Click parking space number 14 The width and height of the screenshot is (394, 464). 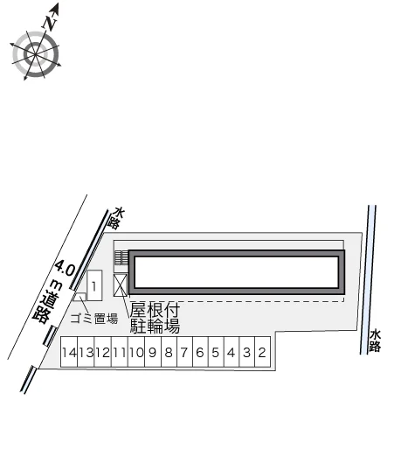click(69, 352)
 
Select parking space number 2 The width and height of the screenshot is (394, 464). click(263, 352)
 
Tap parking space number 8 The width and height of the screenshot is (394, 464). click(169, 352)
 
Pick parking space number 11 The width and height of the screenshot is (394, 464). click(120, 352)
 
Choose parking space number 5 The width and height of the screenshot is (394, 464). click(216, 352)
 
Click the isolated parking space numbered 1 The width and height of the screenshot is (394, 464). click(94, 286)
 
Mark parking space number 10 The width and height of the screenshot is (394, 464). click(136, 352)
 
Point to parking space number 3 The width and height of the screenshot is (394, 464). click(247, 352)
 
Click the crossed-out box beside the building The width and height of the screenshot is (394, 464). click(121, 285)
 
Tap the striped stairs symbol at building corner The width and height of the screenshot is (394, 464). click(121, 257)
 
